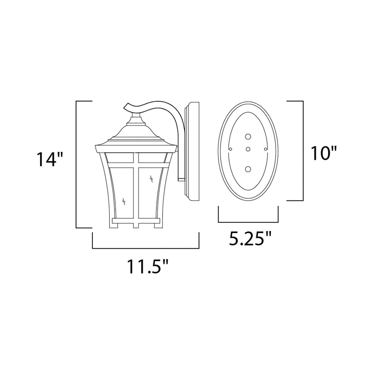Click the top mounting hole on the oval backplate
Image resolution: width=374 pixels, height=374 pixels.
tap(248, 137)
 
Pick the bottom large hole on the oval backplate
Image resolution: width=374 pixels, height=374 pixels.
tap(248, 169)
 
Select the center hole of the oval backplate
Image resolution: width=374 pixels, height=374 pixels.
tap(248, 149)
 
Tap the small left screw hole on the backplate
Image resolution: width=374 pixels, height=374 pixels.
tap(231, 149)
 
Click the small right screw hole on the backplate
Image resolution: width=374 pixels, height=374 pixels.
tap(266, 149)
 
